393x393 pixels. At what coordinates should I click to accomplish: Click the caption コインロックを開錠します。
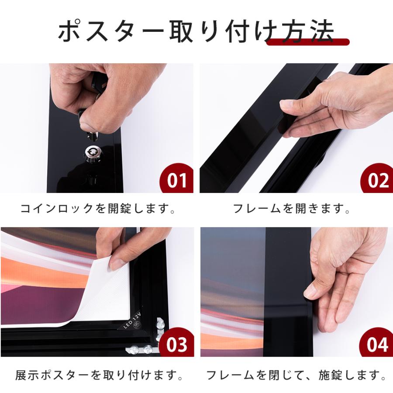tap(98, 209)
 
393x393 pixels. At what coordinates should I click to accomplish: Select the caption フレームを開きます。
tap(292, 209)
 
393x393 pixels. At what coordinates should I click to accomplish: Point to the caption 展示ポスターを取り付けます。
tap(98, 375)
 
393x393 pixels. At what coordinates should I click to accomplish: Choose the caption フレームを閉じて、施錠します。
tap(296, 375)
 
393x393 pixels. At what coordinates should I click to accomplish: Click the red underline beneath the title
tap(308, 42)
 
